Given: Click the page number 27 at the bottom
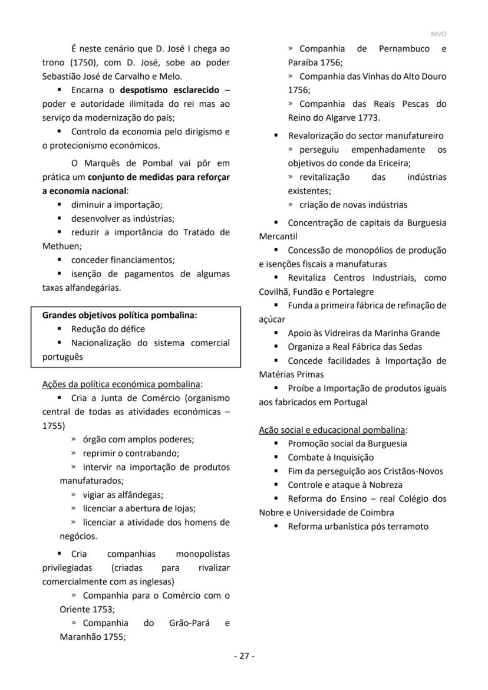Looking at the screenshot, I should (244, 656).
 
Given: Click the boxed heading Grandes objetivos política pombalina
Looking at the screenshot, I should (119, 315).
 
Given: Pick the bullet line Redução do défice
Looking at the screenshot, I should (108, 328).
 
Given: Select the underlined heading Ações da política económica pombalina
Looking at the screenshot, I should (121, 384).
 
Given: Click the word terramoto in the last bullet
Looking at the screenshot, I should (408, 526).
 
